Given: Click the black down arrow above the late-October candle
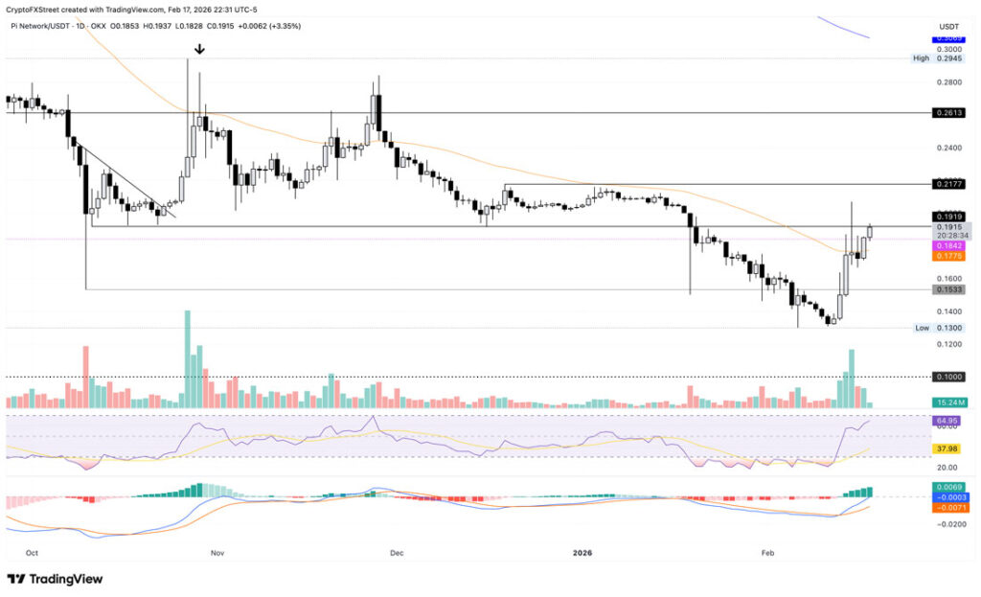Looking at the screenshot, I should click(199, 49).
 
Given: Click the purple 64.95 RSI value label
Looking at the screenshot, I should click(946, 421).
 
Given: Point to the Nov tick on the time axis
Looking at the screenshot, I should click(217, 553).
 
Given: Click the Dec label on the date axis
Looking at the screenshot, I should click(396, 553).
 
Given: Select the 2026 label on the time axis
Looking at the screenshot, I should click(583, 553).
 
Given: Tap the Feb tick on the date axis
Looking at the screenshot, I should click(768, 553).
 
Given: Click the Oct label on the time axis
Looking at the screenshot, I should click(33, 553).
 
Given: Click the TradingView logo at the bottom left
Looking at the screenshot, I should click(55, 579).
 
